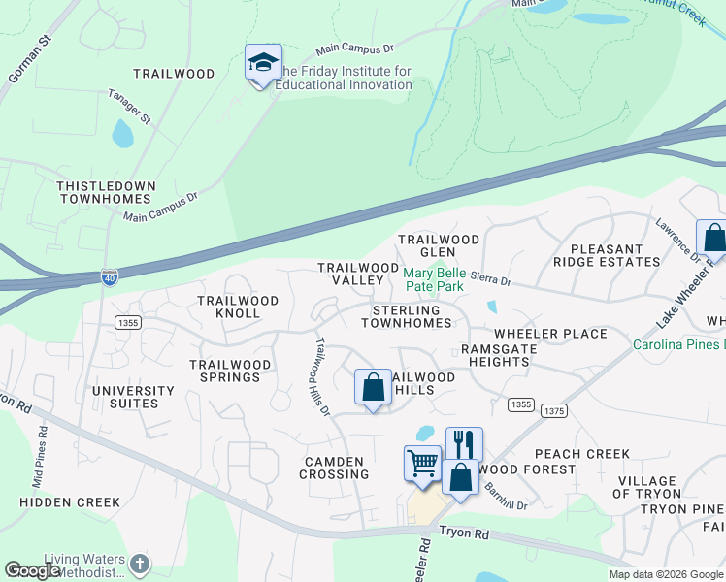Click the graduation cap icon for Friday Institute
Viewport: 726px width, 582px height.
click(x=263, y=63)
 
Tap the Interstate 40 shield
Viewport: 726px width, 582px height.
click(x=111, y=276)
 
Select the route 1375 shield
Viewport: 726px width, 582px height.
click(x=554, y=410)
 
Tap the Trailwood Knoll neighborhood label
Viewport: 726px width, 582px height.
click(x=238, y=307)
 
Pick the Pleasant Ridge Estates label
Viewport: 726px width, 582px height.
click(x=607, y=255)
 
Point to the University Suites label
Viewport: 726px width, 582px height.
click(x=133, y=397)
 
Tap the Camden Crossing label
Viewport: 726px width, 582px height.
click(x=336, y=468)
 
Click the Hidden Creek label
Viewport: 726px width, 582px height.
click(x=70, y=502)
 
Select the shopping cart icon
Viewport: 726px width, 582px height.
click(x=422, y=463)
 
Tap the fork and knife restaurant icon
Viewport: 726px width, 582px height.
click(x=464, y=444)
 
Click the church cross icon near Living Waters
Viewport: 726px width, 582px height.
click(x=140, y=564)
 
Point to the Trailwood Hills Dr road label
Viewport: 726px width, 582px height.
click(x=321, y=377)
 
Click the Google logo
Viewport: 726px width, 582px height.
click(x=33, y=570)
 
